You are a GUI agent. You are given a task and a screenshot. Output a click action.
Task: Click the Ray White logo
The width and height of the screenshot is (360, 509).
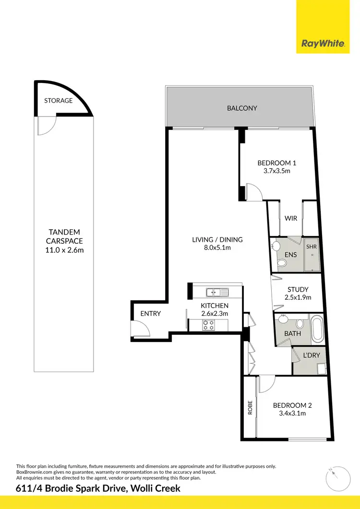pyautogui.click(x=323, y=44)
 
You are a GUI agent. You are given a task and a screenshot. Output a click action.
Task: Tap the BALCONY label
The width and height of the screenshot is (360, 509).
pyautogui.click(x=242, y=108)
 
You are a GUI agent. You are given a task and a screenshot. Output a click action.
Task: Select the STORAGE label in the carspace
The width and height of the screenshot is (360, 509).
pyautogui.click(x=58, y=101)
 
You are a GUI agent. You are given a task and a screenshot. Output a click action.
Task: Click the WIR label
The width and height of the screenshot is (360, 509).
pyautogui.click(x=291, y=218)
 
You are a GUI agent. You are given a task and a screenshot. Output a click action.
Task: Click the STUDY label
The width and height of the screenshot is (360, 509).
pyautogui.click(x=298, y=289)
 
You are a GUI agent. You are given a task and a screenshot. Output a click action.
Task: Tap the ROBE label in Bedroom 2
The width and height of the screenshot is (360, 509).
pyautogui.click(x=250, y=407)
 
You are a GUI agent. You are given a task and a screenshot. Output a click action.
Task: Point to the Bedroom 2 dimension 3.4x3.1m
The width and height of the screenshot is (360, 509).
pyautogui.click(x=289, y=413)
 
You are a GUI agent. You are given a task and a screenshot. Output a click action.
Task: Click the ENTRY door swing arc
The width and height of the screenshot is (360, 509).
pyautogui.click(x=140, y=329)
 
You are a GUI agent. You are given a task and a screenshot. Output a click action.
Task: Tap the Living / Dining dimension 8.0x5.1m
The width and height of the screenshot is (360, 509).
pyautogui.click(x=217, y=248)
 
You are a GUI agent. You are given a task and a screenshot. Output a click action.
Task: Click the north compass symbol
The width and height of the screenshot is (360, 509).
pyautogui.click(x=335, y=477)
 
